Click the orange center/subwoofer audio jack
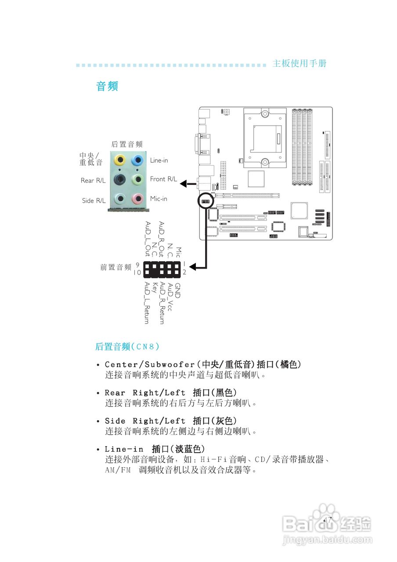pyautogui.click(x=119, y=159)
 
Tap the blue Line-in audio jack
pyautogui.click(x=138, y=159)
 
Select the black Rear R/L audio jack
pyautogui.click(x=119, y=179)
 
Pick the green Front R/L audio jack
pyautogui.click(x=138, y=179)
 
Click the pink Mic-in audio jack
pyautogui.click(x=138, y=199)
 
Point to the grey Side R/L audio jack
pyautogui.click(x=119, y=199)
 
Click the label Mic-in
pyautogui.click(x=159, y=199)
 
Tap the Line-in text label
pyautogui.click(x=159, y=161)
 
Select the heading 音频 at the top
pyautogui.click(x=107, y=86)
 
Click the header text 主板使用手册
pyautogui.click(x=300, y=63)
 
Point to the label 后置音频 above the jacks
pyautogui.click(x=127, y=144)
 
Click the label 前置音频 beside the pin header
pyautogui.click(x=115, y=267)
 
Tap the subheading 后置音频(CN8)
pyautogui.click(x=127, y=347)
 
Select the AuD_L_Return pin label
pyautogui.click(x=147, y=303)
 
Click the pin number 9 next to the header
pyautogui.click(x=137, y=265)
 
